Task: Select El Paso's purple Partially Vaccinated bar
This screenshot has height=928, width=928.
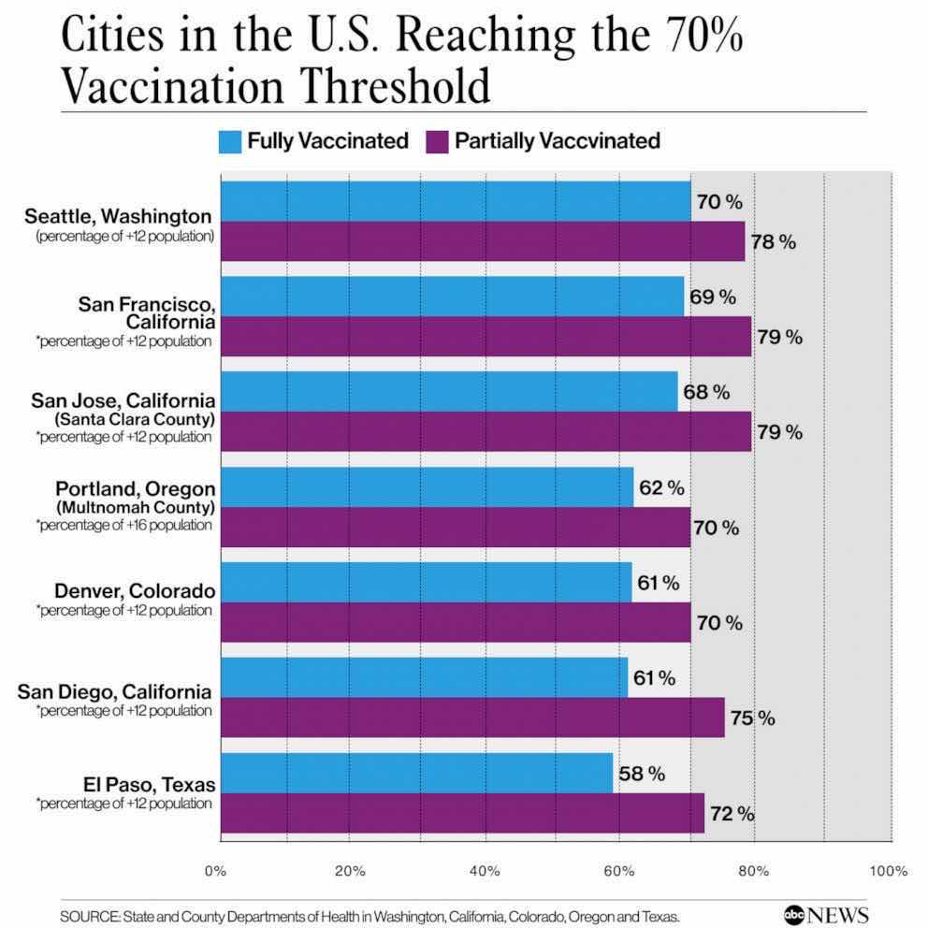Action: click(x=461, y=812)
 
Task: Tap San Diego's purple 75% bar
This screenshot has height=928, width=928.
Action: click(x=471, y=717)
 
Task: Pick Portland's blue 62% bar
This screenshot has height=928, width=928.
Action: click(x=426, y=486)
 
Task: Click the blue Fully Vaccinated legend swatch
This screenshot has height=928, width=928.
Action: click(x=229, y=141)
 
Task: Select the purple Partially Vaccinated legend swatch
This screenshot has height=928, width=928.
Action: click(x=437, y=141)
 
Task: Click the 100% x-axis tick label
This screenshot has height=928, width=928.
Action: click(x=888, y=871)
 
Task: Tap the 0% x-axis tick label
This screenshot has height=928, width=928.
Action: click(x=216, y=871)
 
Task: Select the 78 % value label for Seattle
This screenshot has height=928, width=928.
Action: click(x=773, y=242)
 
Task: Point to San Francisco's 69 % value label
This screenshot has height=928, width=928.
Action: click(x=712, y=297)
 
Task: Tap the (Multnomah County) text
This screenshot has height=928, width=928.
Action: click(x=136, y=507)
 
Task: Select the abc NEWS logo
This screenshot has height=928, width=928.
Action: click(x=826, y=914)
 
